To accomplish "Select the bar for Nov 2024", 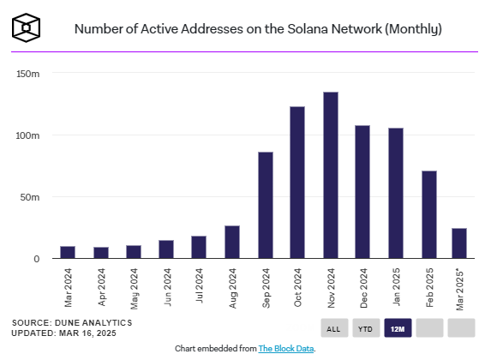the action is click(x=331, y=175).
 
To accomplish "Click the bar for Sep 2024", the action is click(x=266, y=205).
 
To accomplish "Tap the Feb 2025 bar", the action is click(x=429, y=214).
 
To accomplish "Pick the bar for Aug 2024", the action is click(x=232, y=242).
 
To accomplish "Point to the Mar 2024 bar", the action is click(x=68, y=252).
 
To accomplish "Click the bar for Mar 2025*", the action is click(x=459, y=243).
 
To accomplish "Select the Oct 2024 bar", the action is click(x=297, y=183).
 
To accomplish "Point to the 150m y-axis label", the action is click(x=28, y=74).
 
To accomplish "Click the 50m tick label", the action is click(x=30, y=197).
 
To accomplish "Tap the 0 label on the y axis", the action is click(x=37, y=259).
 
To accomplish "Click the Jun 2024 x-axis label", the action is click(x=167, y=287).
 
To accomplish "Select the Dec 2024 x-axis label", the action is click(x=363, y=288).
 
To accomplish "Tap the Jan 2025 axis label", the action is click(x=396, y=286).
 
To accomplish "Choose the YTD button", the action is click(x=366, y=328).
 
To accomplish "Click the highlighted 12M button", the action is click(x=398, y=328).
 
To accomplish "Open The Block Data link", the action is click(x=286, y=348).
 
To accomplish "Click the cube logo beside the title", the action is click(x=26, y=27).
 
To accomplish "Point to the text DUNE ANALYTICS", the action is click(x=93, y=323).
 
